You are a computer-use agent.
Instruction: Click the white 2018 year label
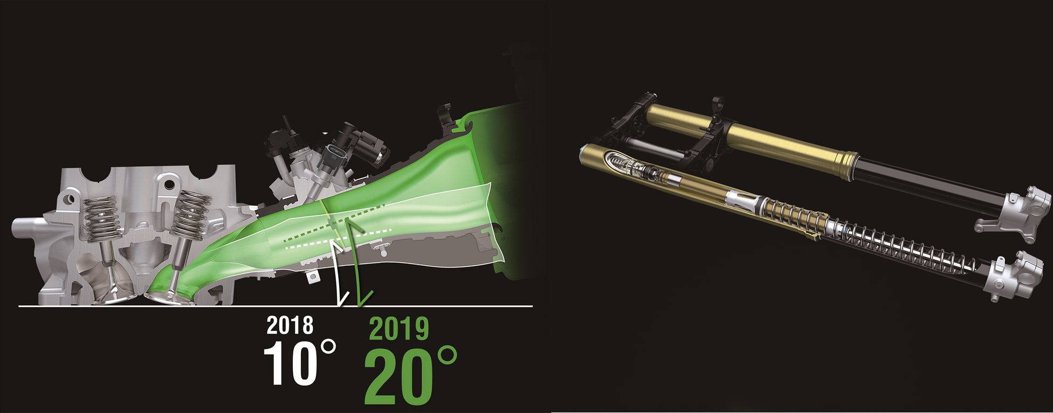(x=290, y=325)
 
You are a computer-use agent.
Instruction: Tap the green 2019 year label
(x=399, y=329)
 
